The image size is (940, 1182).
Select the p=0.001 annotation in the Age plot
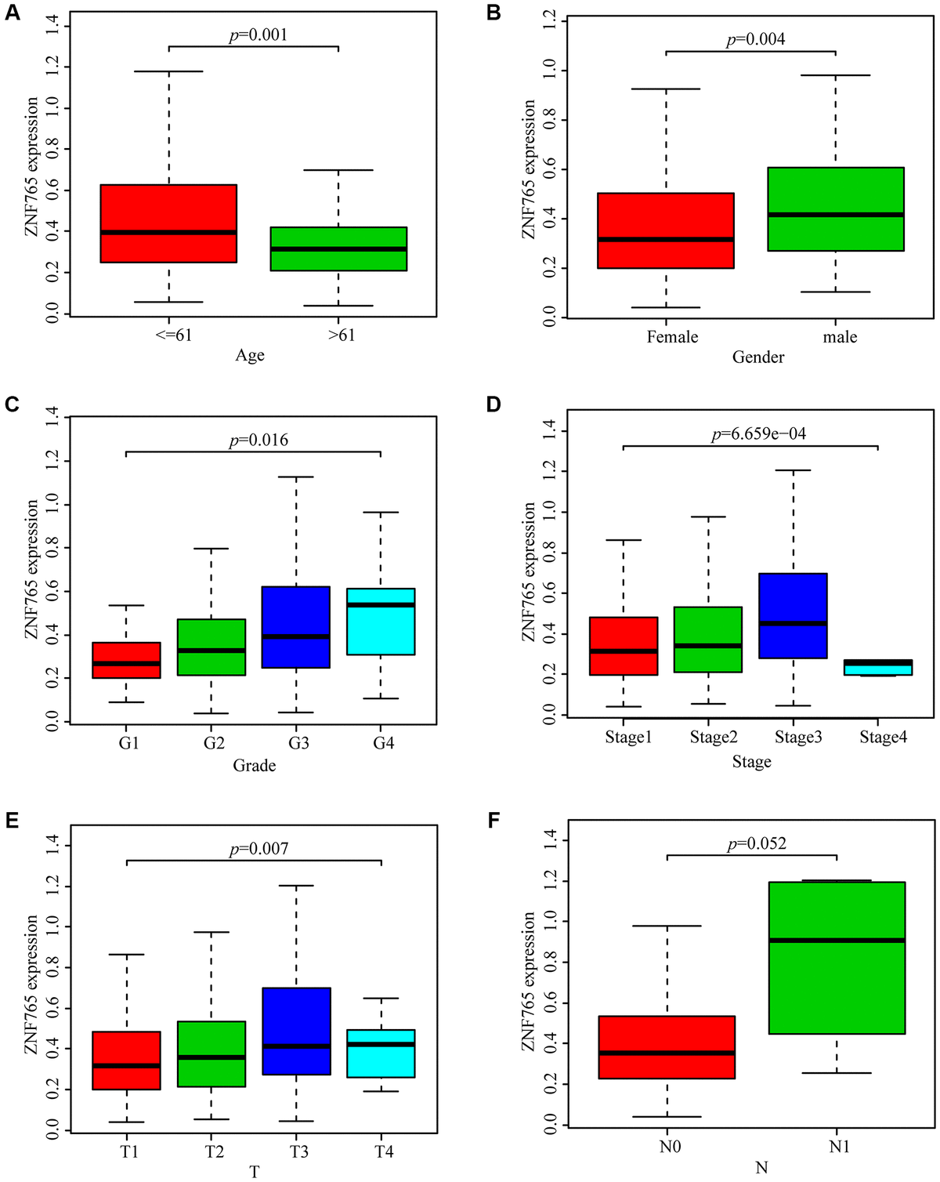258,35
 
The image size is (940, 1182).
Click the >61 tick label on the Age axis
341,335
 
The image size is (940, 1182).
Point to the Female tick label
672,337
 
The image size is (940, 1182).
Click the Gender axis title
757,357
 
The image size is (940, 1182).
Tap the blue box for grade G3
296,627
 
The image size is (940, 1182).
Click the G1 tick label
128,743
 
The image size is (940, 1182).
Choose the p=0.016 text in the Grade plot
258,441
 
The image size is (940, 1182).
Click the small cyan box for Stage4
878,667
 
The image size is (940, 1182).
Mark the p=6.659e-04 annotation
758,434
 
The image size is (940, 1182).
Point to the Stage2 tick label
714,738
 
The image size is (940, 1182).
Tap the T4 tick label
383,1151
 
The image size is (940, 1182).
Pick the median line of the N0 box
667,1053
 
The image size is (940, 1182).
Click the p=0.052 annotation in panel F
757,844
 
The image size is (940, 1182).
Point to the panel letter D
493,404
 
